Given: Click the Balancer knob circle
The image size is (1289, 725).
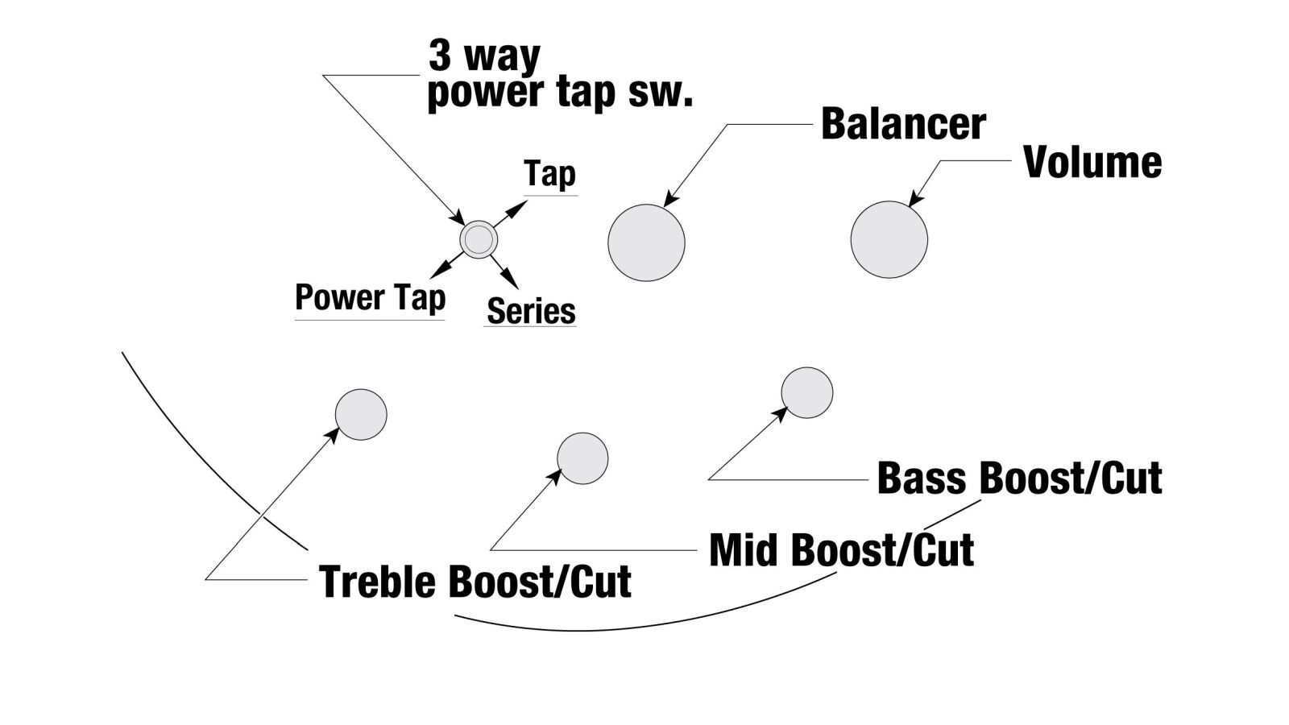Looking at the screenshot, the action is click(x=646, y=242).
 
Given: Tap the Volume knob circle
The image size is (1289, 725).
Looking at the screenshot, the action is click(x=889, y=239).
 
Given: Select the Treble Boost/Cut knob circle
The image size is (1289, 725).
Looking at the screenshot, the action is click(x=361, y=415).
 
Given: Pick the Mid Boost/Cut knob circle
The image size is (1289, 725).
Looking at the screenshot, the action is click(x=582, y=458).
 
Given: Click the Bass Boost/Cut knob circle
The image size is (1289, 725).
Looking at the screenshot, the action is click(x=806, y=393).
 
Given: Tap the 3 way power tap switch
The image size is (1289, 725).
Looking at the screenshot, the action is click(x=479, y=239).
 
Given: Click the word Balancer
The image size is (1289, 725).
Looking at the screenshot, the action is click(x=903, y=124).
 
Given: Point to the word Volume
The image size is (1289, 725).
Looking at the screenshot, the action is click(x=1092, y=162).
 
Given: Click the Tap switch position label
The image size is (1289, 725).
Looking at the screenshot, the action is click(x=549, y=174).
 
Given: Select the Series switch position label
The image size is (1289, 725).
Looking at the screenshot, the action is click(x=531, y=311).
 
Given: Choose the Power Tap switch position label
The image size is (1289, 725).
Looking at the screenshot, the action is click(x=370, y=297).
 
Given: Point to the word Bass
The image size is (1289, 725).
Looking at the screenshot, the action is click(x=922, y=478).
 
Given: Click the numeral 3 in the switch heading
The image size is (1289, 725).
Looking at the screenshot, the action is click(x=440, y=56).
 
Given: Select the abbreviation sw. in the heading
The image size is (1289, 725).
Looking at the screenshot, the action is click(x=660, y=93).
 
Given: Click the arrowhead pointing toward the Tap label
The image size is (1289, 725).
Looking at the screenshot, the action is click(x=519, y=207).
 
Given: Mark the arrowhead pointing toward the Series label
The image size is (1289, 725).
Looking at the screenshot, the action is click(x=511, y=280).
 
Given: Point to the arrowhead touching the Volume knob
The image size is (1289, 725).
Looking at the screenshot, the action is click(x=916, y=199).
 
